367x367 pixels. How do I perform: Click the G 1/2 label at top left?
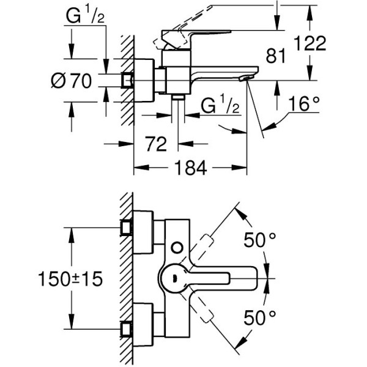(86, 17)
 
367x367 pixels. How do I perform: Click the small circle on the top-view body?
(177, 247)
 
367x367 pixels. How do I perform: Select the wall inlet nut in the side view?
(128, 80)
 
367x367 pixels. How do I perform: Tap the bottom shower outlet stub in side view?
(178, 97)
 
